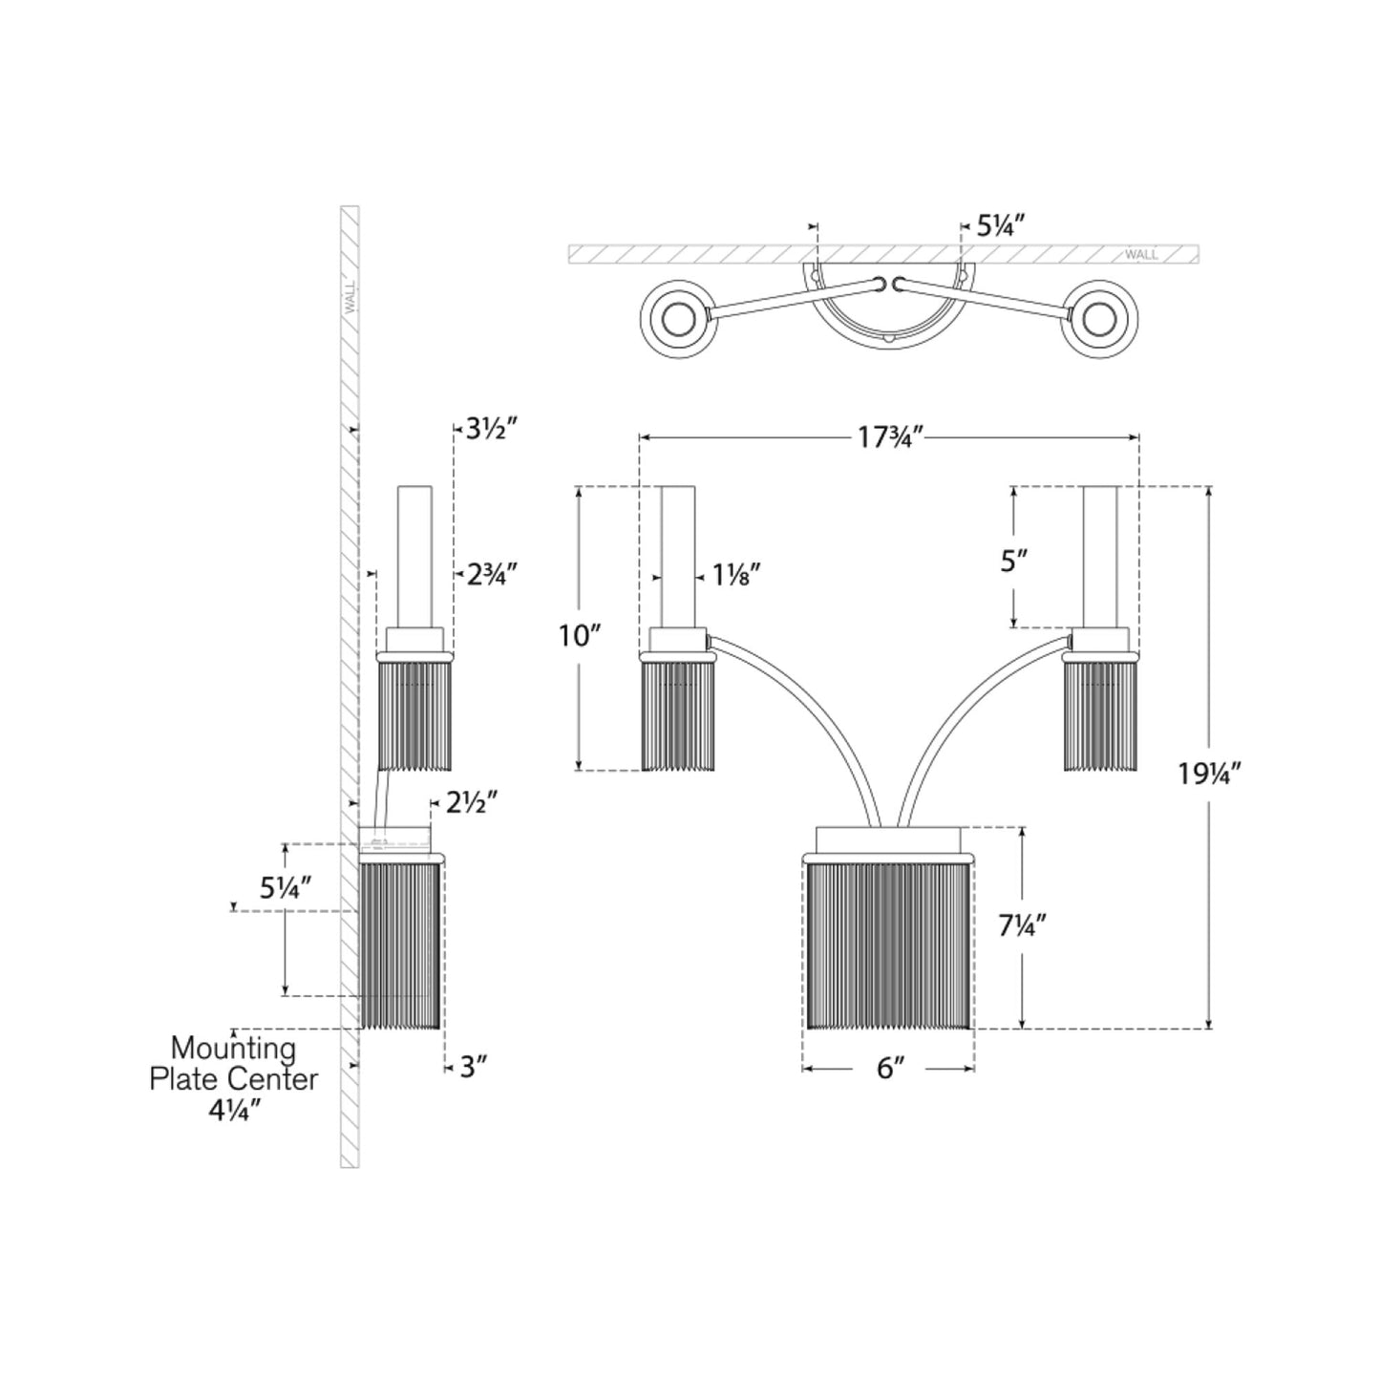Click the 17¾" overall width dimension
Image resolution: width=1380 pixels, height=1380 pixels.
point(888,437)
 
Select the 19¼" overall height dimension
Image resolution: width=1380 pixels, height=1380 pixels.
point(1210,774)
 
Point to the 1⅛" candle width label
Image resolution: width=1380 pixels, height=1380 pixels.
point(735,575)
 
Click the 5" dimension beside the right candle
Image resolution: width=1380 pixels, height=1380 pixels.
point(1013,561)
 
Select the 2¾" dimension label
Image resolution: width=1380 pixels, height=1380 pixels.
point(491,574)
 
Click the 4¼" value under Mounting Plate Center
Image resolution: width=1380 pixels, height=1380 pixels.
point(234,1110)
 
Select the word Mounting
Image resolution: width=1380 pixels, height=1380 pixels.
point(233,1049)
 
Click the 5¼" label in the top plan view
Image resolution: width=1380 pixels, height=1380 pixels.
point(999,226)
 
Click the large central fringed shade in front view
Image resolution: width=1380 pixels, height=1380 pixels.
point(888,944)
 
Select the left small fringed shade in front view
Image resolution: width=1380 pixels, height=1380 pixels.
point(678,713)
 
